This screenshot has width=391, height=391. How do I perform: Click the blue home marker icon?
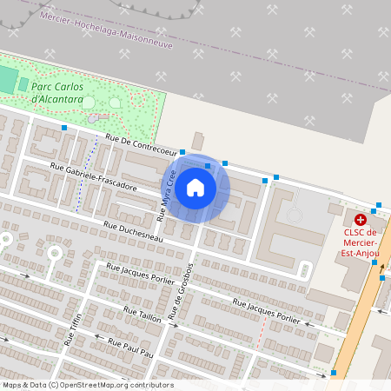click(195, 188)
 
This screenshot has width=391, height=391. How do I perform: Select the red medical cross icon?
click(361, 220)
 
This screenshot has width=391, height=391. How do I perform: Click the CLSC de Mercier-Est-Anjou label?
click(360, 242)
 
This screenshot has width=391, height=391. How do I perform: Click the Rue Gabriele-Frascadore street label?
click(93, 178)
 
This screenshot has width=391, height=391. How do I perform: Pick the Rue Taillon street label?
click(142, 315)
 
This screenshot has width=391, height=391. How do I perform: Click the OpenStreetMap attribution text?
click(87, 385)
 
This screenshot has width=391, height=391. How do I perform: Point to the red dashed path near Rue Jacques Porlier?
click(259, 329)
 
